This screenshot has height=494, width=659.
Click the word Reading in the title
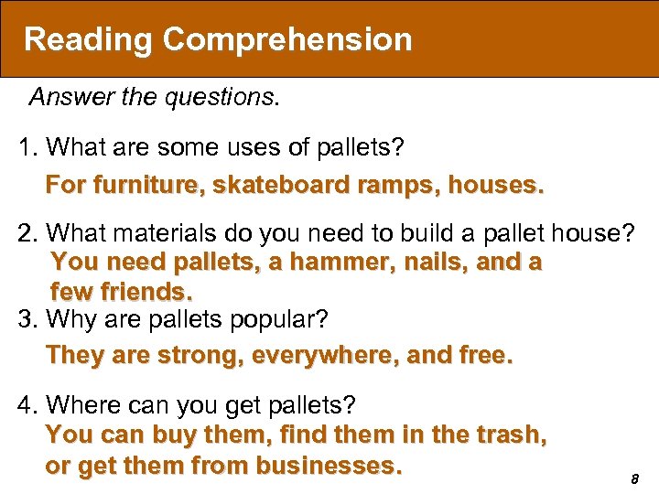pyautogui.click(x=88, y=39)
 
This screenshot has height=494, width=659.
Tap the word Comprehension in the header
pyautogui.click(x=287, y=39)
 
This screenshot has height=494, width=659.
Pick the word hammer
pyautogui.click(x=328, y=262)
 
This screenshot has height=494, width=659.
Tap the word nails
pyautogui.click(x=413, y=262)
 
